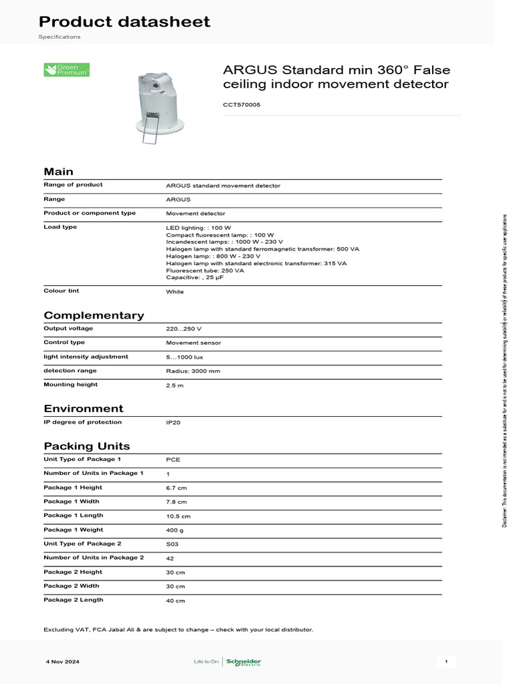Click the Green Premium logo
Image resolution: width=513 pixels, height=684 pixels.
[x=66, y=69]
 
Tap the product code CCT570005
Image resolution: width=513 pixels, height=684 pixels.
[x=241, y=104]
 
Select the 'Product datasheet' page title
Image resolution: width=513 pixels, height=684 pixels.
[x=124, y=21]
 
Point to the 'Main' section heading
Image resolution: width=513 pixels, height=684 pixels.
[x=59, y=171]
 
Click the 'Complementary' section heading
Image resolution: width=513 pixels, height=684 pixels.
[x=94, y=315]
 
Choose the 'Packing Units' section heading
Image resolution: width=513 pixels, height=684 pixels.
[x=87, y=446]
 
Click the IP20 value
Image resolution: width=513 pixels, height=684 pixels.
[x=173, y=423]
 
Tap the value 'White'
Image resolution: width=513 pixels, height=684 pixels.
[x=174, y=292]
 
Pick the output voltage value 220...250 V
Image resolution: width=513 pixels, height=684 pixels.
[x=184, y=329]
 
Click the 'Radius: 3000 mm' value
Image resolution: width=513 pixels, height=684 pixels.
[x=193, y=371]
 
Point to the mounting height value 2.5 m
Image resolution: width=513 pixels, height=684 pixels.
[x=175, y=385]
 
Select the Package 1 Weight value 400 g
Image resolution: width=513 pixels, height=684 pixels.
[x=174, y=530]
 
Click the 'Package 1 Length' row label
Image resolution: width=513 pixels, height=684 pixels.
[x=73, y=516]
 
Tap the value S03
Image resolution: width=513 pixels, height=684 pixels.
[x=173, y=544]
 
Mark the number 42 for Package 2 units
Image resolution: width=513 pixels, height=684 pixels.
[x=170, y=558]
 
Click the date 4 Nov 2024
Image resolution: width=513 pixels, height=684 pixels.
[x=63, y=662]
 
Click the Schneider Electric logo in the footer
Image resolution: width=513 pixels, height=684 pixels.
[x=244, y=662]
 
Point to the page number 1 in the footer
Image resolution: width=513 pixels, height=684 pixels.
[x=446, y=662]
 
